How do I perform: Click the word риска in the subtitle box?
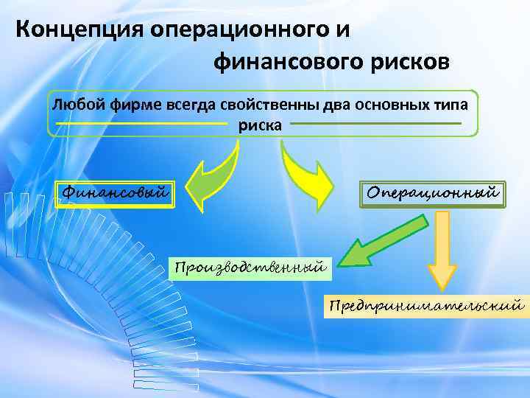259,125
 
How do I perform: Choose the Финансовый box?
115,194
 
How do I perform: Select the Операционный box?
434,192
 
